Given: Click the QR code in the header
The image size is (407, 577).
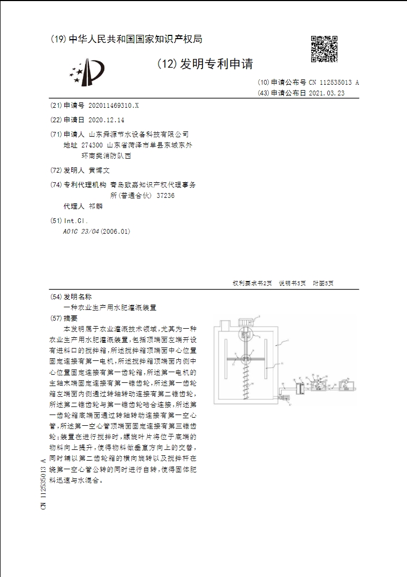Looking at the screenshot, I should click(x=324, y=49).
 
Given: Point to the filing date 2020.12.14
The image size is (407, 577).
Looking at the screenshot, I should click(x=105, y=120).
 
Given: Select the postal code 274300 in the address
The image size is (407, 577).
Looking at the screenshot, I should click(x=92, y=145).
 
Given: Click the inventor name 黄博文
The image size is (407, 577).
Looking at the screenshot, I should click(x=99, y=170).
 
